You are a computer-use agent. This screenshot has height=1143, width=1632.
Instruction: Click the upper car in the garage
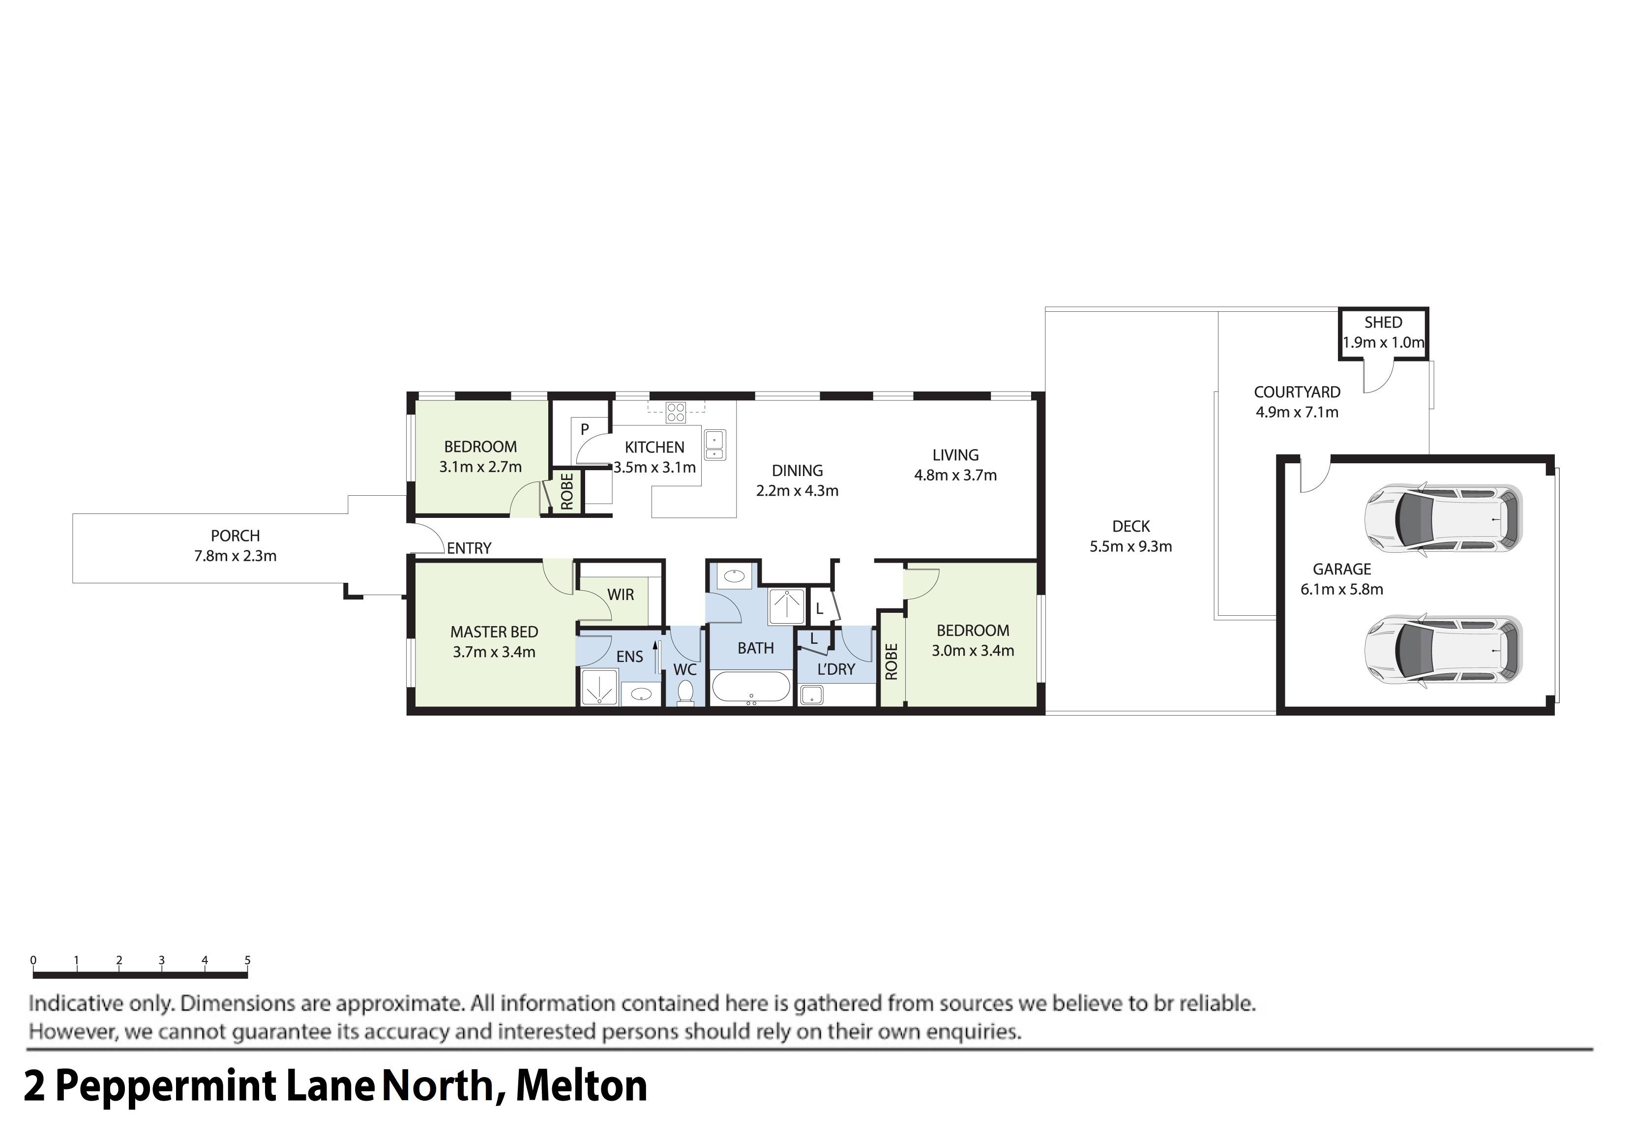pyautogui.click(x=1443, y=518)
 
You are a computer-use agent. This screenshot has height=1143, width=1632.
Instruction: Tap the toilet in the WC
pyautogui.click(x=685, y=692)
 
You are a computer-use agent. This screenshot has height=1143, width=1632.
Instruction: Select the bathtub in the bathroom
pyautogui.click(x=751, y=688)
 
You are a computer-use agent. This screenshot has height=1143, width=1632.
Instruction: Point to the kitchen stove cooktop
pyautogui.click(x=675, y=412)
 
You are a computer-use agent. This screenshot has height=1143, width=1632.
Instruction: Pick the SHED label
pyautogui.click(x=1383, y=323)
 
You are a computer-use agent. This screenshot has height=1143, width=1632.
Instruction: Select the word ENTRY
pyautogui.click(x=469, y=548)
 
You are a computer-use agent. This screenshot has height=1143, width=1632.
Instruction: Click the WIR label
pyautogui.click(x=621, y=594)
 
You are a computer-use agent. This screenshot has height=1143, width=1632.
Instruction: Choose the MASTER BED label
pyautogui.click(x=494, y=632)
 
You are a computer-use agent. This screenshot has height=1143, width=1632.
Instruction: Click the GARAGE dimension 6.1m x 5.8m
pyautogui.click(x=1341, y=589)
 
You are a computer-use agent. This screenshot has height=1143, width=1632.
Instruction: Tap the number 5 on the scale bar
pyautogui.click(x=247, y=961)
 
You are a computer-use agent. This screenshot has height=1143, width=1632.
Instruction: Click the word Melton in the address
pyautogui.click(x=581, y=1086)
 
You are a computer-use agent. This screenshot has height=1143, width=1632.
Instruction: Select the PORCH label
pyautogui.click(x=235, y=536)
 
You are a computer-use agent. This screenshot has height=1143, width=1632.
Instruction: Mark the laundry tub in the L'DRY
pyautogui.click(x=811, y=694)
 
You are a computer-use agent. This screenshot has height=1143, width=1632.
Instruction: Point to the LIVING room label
pyautogui.click(x=955, y=455)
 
